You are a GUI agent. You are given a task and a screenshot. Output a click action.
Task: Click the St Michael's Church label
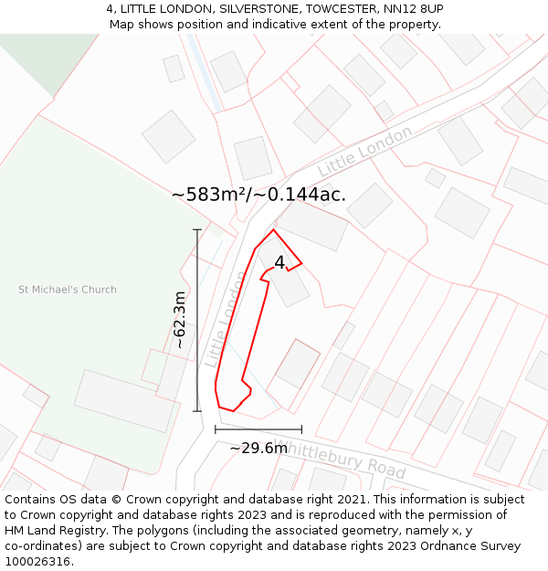(68, 290)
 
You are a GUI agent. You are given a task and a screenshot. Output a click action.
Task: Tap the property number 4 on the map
(279, 262)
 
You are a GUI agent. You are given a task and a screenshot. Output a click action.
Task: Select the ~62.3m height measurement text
(180, 320)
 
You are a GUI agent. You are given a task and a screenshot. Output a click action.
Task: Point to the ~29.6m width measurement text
(258, 448)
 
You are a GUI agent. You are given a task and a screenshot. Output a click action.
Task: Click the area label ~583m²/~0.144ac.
(258, 194)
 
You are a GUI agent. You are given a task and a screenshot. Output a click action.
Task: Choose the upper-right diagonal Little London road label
(364, 152)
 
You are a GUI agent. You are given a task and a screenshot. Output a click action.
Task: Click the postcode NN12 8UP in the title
(413, 9)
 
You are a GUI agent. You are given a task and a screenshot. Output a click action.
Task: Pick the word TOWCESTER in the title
(332, 9)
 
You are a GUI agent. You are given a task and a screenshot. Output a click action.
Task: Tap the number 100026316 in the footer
(37, 562)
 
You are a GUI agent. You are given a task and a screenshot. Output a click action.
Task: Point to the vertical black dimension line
(197, 320)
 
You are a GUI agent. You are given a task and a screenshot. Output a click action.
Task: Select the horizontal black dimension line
(258, 429)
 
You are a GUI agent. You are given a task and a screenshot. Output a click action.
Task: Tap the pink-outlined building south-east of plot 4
(298, 363)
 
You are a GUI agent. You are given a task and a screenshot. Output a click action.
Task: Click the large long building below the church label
(124, 400)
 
